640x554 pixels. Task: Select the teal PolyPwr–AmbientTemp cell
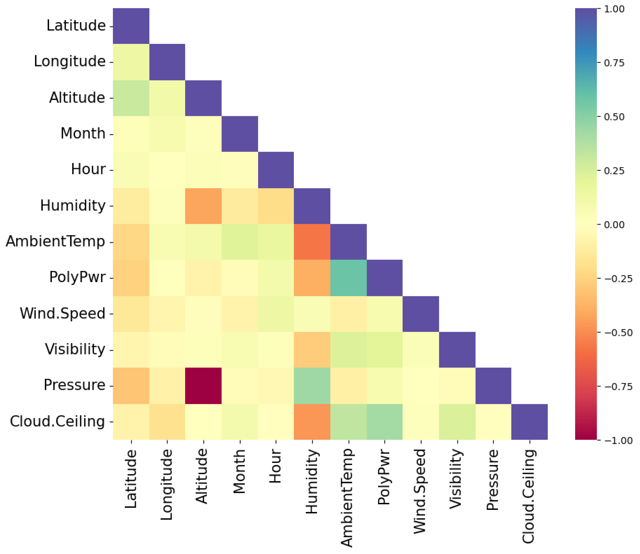pos(348,278)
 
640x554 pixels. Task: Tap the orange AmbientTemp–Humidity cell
pos(312,242)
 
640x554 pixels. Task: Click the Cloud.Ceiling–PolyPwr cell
pos(385,422)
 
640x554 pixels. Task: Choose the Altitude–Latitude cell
pos(131,98)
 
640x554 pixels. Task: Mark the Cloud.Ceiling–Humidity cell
pos(312,422)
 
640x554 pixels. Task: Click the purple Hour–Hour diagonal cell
pos(276,170)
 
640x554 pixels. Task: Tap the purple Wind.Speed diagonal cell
pos(421,314)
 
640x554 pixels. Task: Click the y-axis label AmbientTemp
pos(55,242)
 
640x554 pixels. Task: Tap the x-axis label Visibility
pos(456,479)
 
